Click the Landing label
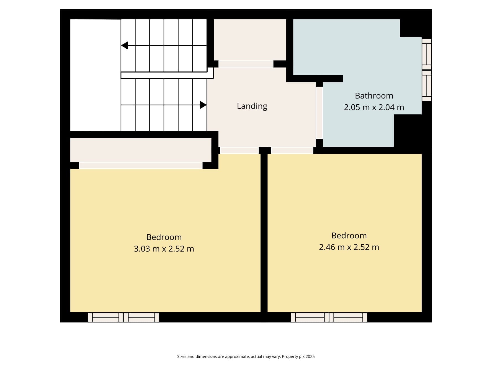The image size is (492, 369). [x=252, y=106]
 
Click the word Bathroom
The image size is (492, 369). [x=374, y=96]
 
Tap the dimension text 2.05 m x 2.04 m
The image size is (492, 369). [x=374, y=107]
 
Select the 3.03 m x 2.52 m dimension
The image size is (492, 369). [x=164, y=249]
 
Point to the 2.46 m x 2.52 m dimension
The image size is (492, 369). [x=349, y=247]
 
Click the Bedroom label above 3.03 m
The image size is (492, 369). [x=164, y=237]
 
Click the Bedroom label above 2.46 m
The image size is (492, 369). [x=349, y=236]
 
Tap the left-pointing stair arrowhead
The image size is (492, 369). [x=125, y=45]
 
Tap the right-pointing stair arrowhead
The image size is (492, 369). [x=203, y=105]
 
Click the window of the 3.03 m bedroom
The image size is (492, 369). [x=123, y=317]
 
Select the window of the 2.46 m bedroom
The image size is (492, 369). [x=329, y=317]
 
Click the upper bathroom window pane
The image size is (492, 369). [x=427, y=54]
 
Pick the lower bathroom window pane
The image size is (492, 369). [x=427, y=86]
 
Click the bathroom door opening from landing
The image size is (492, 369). [x=319, y=113]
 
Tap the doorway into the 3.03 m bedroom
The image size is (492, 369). [x=239, y=150]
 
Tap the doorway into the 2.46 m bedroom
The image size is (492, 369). [x=292, y=150]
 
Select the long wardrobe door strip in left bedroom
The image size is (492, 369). [x=141, y=165]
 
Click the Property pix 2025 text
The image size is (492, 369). [x=298, y=357]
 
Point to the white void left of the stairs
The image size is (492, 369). [x=95, y=75]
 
